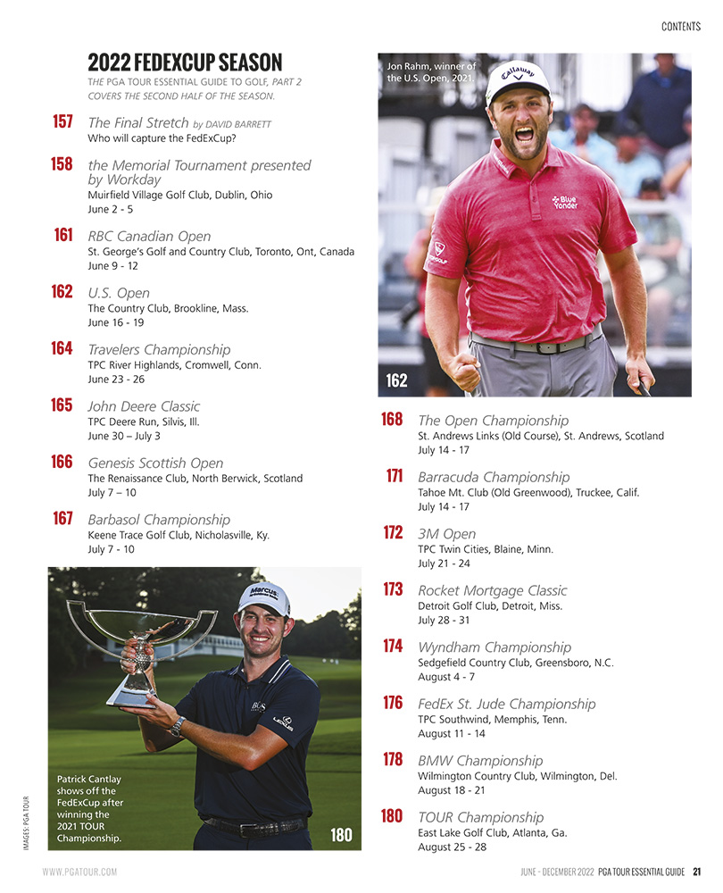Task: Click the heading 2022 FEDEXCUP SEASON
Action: tap(185, 63)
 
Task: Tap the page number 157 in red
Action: tap(62, 121)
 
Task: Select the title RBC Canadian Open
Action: tap(149, 237)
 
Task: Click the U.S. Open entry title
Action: tap(119, 293)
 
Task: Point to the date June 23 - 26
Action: tap(116, 380)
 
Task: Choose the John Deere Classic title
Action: tap(144, 406)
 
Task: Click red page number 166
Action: tap(62, 462)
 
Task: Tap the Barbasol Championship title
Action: tap(159, 520)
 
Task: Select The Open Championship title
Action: tap(493, 421)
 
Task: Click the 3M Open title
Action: tap(446, 534)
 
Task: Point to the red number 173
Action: tap(393, 589)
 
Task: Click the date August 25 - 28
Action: tap(452, 847)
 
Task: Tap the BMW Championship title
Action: tap(480, 761)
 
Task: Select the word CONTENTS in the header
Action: tap(681, 27)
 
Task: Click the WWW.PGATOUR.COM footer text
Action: tap(79, 872)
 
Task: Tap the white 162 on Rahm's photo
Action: tap(396, 381)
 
